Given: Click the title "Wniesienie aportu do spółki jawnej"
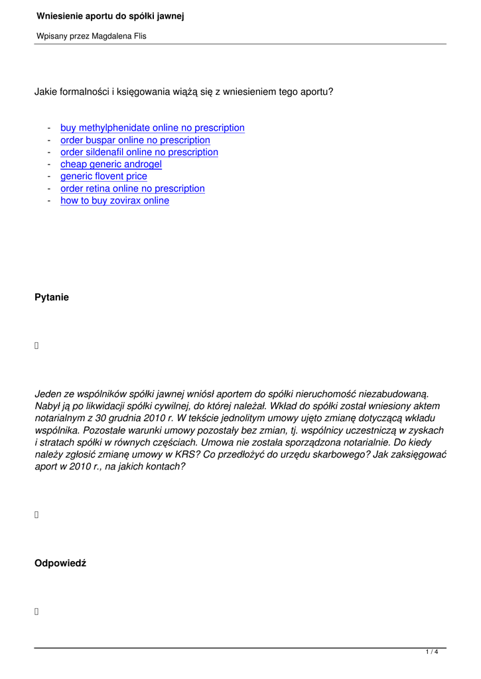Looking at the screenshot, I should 110,15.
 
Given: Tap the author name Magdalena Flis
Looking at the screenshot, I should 117,36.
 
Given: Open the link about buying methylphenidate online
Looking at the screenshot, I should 153,127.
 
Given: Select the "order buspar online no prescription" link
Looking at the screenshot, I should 135,140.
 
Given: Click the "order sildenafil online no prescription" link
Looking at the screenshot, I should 139,152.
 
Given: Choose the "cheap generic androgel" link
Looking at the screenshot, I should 111,164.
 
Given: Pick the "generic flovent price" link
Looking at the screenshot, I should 103,176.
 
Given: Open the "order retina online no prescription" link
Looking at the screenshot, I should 133,188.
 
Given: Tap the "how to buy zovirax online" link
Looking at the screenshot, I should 115,200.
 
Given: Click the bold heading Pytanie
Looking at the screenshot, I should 52,298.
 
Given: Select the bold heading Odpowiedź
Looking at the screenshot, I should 60,564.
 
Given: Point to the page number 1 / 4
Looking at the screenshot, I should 432,652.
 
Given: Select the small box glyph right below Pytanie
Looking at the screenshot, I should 37,345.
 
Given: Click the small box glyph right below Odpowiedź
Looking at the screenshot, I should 37,611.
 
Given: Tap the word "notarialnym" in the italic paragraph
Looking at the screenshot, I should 60,418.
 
